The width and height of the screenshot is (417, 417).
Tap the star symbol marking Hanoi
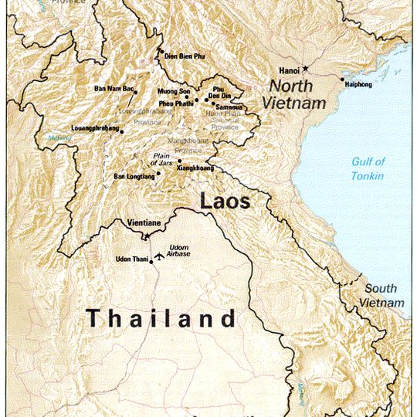[305, 69]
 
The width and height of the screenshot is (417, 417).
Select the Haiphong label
[359, 83]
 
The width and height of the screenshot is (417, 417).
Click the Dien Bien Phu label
[185, 56]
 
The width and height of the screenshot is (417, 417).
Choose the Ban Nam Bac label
[113, 88]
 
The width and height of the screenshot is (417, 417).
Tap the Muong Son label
[174, 91]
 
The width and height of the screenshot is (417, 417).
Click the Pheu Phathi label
[176, 103]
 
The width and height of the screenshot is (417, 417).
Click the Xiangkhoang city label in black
[197, 167]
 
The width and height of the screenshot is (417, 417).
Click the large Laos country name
[225, 202]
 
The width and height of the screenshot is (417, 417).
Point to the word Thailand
[160, 317]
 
